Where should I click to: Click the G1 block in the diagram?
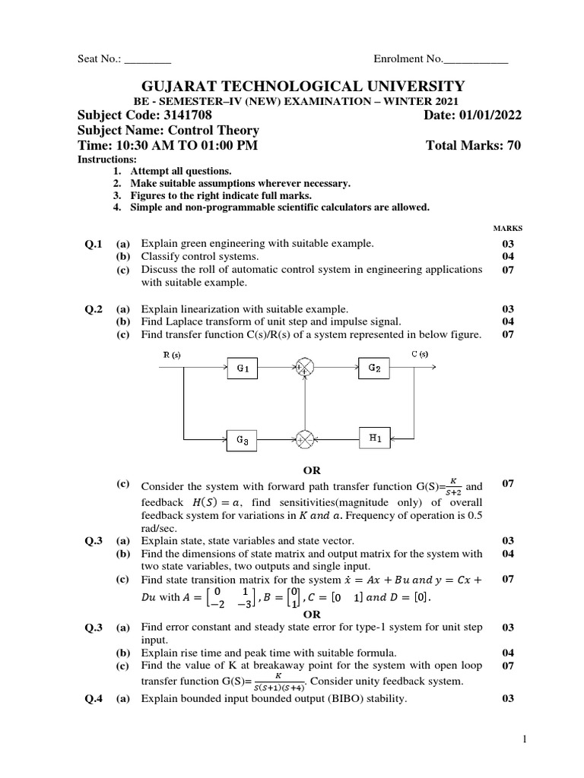[x=243, y=368]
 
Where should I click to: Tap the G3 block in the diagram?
[x=243, y=439]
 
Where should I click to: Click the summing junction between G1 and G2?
[x=305, y=368]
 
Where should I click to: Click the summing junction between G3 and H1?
[x=305, y=439]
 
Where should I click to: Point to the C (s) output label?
[x=420, y=353]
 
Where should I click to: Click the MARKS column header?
[x=508, y=228]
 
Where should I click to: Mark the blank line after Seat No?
[x=148, y=60]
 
